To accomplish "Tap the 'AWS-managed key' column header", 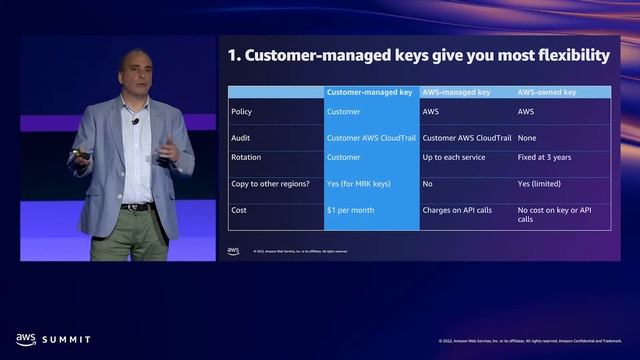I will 456,92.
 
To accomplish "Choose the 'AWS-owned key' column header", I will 546,92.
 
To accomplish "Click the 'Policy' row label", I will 241,112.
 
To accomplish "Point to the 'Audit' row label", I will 240,138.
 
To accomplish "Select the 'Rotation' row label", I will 245,157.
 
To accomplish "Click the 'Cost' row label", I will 239,211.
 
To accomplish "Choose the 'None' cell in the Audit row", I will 527,138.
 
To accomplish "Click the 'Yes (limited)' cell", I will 540,185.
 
